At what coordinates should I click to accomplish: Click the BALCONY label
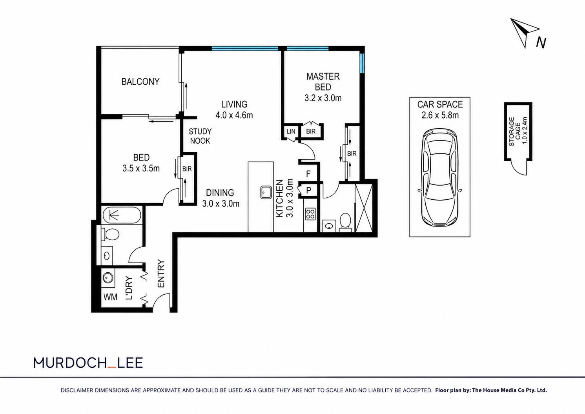140,82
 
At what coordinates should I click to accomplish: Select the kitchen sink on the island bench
267,192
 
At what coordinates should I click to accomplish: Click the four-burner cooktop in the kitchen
310,214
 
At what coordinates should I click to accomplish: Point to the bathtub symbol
122,215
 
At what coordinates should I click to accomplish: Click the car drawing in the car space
440,177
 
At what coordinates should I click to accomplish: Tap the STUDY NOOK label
200,136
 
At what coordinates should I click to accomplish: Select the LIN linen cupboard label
291,131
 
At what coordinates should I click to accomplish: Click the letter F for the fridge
308,174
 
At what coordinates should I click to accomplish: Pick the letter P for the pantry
309,190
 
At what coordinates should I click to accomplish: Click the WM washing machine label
110,297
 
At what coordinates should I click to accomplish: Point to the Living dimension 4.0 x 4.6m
234,115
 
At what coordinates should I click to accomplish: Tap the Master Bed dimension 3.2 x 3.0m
323,98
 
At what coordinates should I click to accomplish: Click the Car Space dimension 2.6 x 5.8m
440,115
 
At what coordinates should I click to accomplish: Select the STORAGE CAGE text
515,131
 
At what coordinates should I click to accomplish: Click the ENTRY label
161,274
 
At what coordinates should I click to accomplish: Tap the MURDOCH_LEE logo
88,363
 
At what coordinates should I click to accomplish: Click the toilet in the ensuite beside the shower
345,223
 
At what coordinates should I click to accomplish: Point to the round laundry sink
108,277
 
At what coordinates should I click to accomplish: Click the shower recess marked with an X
364,208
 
